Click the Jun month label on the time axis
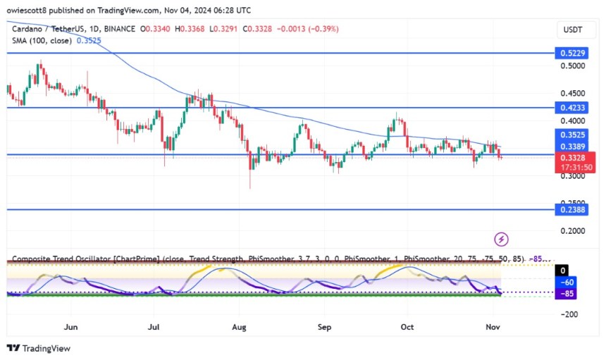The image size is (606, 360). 70,327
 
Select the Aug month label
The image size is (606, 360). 240,327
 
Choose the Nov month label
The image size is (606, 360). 492,327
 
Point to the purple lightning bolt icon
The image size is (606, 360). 502,240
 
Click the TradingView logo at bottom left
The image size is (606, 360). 38,348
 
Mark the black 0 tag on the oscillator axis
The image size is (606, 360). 563,270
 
